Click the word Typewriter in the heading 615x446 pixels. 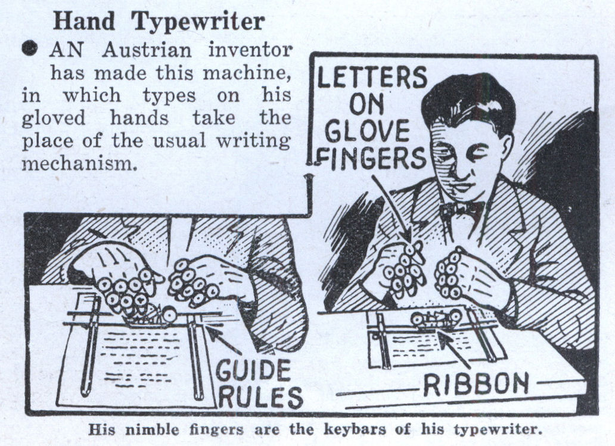[x=198, y=22]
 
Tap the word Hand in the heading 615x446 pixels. [x=84, y=20]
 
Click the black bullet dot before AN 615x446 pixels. [x=30, y=49]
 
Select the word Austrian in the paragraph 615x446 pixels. [x=147, y=50]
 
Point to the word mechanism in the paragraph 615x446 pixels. [x=79, y=163]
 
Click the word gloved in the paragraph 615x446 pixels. [x=54, y=118]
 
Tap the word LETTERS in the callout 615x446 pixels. [x=372, y=77]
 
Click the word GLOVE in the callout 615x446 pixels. [x=366, y=131]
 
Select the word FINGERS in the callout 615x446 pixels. [x=371, y=158]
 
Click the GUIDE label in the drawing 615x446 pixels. [x=254, y=371]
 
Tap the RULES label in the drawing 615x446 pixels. [x=260, y=397]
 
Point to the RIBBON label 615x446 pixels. [x=476, y=383]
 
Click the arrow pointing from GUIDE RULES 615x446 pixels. [x=223, y=340]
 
